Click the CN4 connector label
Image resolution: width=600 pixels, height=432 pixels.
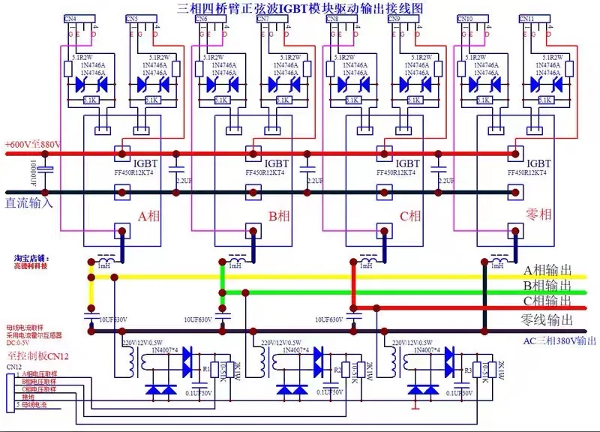pos(70,18)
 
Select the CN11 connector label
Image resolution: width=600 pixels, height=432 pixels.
pos(526,18)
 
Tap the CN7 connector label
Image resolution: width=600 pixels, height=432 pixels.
pos(263,18)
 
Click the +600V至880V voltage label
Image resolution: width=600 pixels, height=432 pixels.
pos(32,144)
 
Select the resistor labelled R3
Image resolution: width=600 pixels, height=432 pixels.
pos(467,370)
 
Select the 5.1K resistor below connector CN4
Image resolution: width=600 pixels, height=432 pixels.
pos(88,99)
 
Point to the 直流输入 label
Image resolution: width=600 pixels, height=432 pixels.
pos(28,202)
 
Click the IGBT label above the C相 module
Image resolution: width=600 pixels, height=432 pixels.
pos(407,163)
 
